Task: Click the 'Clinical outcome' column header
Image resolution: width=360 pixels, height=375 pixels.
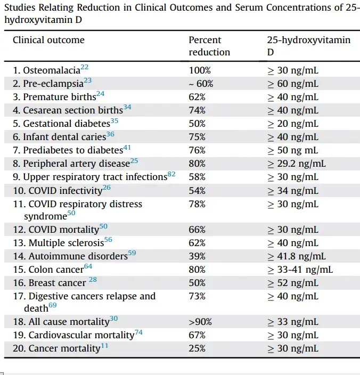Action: (48, 40)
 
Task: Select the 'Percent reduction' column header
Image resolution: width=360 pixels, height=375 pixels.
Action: (209, 46)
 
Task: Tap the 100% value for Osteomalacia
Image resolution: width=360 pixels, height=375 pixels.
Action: (200, 70)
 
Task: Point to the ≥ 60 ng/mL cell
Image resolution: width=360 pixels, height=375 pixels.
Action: (293, 84)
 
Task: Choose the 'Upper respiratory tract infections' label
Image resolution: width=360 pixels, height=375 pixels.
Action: (90, 177)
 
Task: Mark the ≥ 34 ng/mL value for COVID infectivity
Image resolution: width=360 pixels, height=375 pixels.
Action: (293, 190)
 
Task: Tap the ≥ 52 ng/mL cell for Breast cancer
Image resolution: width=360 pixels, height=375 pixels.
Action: (293, 283)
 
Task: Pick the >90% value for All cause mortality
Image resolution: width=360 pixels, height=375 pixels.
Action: (200, 322)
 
